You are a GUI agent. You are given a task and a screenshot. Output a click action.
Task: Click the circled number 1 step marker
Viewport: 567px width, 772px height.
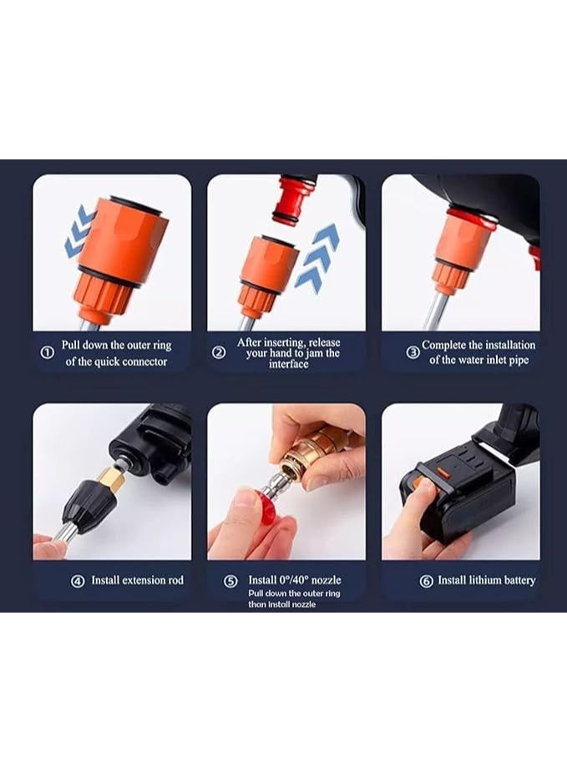point(48,353)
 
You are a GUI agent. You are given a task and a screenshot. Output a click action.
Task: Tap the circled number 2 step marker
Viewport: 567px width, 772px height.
point(219,352)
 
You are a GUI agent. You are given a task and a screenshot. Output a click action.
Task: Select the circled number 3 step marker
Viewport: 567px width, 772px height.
point(413,352)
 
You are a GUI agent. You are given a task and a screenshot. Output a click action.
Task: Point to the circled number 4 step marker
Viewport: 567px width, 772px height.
point(78,581)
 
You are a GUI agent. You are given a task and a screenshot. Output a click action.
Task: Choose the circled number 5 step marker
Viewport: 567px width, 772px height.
point(231,581)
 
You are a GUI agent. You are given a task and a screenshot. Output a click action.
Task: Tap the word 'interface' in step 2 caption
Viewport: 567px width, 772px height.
point(288,365)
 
